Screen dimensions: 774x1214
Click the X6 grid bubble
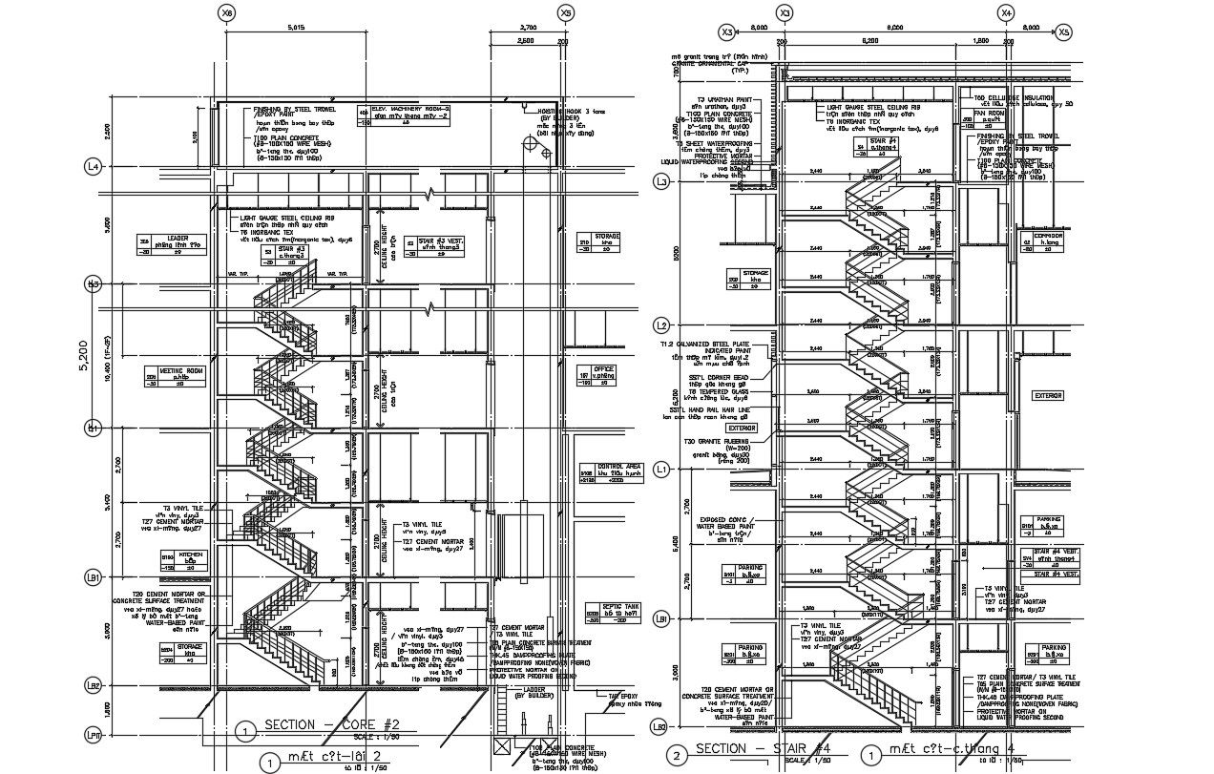pyautogui.click(x=226, y=13)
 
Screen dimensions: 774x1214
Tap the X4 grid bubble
pyautogui.click(x=1005, y=13)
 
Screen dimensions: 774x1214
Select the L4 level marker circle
pyautogui.click(x=94, y=167)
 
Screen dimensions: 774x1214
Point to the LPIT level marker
pyautogui.click(x=94, y=734)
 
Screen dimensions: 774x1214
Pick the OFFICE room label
pyautogui.click(x=602, y=373)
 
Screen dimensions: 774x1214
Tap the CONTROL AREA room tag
pyautogui.click(x=601, y=474)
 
